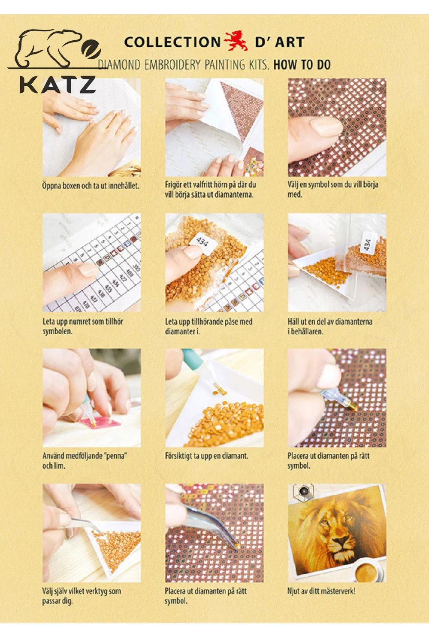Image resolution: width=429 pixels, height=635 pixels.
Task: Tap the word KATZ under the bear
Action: (x=57, y=84)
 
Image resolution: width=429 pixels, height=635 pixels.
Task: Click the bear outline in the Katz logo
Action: (x=48, y=48)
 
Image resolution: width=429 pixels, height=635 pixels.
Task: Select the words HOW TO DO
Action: (x=302, y=65)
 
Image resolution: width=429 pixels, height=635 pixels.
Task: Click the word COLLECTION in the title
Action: (x=172, y=42)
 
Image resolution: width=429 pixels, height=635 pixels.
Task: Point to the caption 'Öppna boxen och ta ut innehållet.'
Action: (x=91, y=186)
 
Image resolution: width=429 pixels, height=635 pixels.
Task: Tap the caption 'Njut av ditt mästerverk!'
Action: (x=321, y=591)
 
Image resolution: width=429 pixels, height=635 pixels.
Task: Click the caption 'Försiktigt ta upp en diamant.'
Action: (x=207, y=456)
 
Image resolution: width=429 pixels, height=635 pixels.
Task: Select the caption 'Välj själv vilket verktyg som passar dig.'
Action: (x=82, y=596)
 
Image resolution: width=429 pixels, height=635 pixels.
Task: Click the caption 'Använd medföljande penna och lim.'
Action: (x=85, y=461)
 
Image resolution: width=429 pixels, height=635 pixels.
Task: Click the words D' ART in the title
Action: (x=280, y=42)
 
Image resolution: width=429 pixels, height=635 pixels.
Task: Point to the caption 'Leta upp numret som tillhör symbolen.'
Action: (x=83, y=326)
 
